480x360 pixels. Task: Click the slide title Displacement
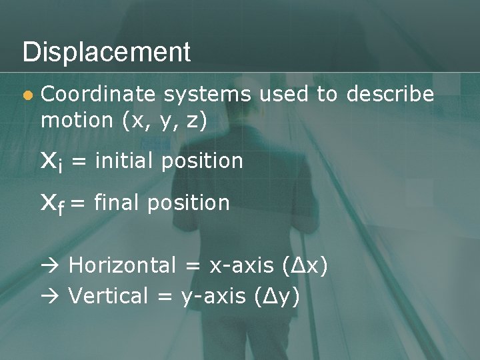coord(107,52)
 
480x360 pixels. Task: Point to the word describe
coord(389,95)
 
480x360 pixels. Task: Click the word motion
coord(77,121)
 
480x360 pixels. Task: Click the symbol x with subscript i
coord(51,161)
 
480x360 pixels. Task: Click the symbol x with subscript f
coord(53,203)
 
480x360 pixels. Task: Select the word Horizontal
coord(122,265)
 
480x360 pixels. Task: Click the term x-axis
coord(241,266)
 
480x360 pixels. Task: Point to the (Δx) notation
coord(304,266)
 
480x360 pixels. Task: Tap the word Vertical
coord(108,295)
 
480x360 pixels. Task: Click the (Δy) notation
coord(277,296)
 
